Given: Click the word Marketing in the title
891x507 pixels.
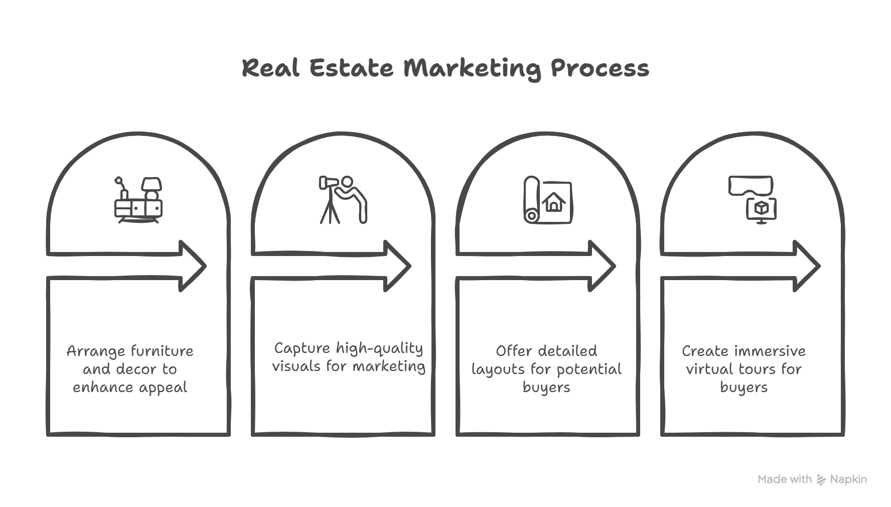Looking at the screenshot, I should [472, 69].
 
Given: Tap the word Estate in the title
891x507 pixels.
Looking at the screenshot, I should [351, 69].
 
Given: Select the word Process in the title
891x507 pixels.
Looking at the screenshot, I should [600, 69].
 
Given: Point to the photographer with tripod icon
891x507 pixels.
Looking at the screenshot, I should [343, 199].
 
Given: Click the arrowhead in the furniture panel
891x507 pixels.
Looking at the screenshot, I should [193, 266].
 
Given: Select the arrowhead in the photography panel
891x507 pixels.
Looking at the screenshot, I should [397, 266].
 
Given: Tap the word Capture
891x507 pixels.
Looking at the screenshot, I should [302, 349].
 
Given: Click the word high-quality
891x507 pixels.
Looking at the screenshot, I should [379, 349].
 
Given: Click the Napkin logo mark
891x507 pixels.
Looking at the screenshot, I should [821, 479].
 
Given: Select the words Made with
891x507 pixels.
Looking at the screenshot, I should [784, 479].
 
